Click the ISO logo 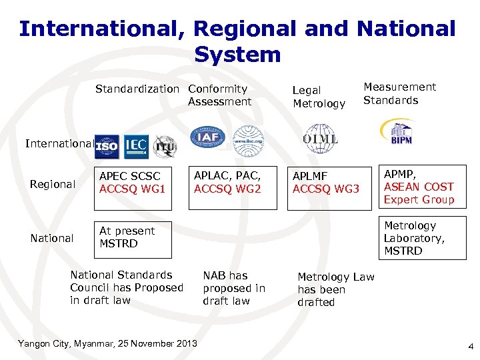(x=107, y=145)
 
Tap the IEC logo (x=135, y=145)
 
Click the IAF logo (x=203, y=138)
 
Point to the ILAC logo (x=247, y=139)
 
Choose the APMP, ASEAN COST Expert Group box (x=422, y=187)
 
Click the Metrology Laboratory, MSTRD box (x=422, y=238)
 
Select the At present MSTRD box (x=133, y=238)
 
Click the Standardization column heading (x=137, y=89)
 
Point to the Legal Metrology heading (x=319, y=97)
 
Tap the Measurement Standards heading (x=399, y=93)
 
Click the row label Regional (x=53, y=184)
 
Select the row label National (x=52, y=238)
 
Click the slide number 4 (x=471, y=347)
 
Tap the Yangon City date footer (x=107, y=343)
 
